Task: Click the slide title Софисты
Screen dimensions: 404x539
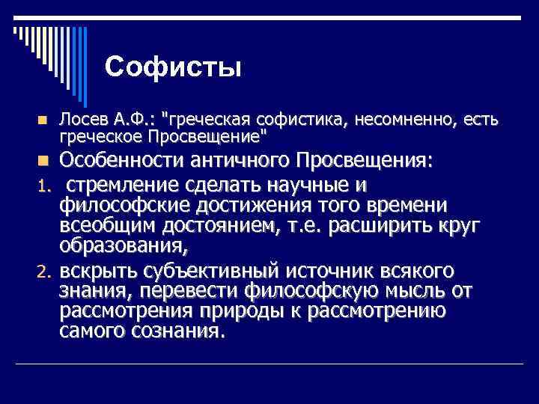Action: tap(173, 67)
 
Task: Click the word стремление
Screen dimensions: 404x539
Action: tap(130, 185)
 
